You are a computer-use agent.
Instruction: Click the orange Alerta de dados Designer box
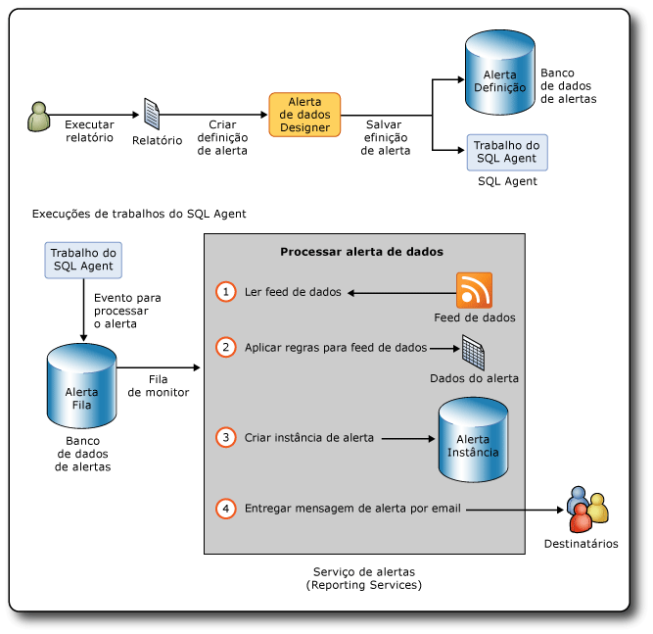(x=305, y=115)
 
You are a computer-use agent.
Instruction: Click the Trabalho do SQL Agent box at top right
(x=506, y=152)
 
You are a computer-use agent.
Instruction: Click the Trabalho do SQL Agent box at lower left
(x=82, y=259)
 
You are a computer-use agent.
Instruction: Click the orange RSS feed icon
(x=474, y=290)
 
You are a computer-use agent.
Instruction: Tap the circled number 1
(x=227, y=292)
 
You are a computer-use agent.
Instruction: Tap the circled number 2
(x=227, y=347)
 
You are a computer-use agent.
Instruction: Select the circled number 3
(x=227, y=438)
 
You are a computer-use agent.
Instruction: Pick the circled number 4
(x=227, y=509)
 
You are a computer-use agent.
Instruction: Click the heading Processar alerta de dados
(x=362, y=252)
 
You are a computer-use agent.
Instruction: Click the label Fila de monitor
(x=159, y=385)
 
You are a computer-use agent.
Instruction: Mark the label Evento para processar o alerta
(x=127, y=310)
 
